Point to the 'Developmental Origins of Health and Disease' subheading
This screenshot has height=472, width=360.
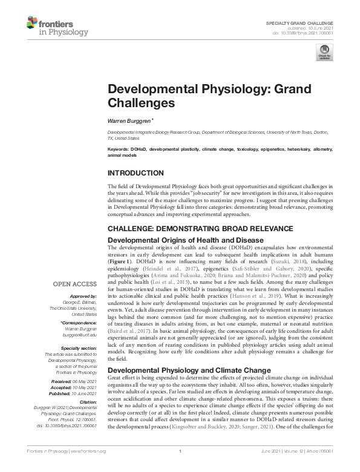180,240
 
